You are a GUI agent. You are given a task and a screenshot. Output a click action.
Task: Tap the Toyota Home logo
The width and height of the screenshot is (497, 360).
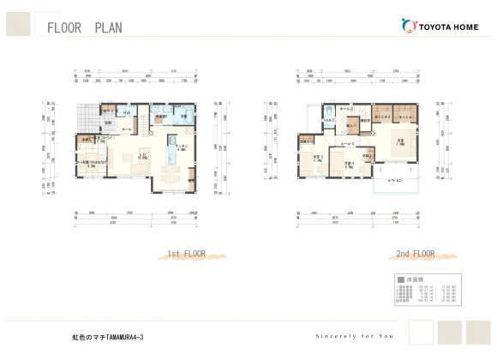(439, 26)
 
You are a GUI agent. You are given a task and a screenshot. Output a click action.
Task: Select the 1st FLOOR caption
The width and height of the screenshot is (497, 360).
(184, 255)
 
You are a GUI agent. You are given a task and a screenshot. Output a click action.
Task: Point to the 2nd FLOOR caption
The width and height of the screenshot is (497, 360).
(415, 255)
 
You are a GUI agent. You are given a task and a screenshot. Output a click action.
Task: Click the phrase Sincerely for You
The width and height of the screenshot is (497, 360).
(354, 336)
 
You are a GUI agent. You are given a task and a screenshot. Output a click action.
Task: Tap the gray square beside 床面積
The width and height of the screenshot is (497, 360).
(400, 280)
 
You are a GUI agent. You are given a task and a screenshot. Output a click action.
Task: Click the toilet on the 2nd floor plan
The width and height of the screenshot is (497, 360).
(329, 111)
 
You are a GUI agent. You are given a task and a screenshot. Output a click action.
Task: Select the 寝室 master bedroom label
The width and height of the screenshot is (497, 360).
(399, 141)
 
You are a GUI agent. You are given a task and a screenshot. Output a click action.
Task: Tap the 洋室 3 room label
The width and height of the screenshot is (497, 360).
(317, 158)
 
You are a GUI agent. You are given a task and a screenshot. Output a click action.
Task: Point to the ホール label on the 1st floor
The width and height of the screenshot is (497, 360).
(126, 129)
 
